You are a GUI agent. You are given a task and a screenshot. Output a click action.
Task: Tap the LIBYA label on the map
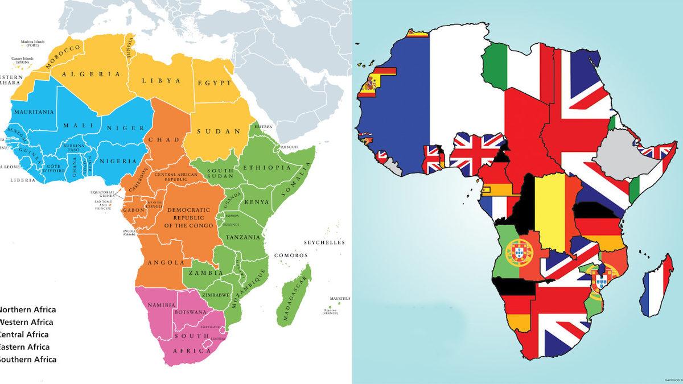(162, 81)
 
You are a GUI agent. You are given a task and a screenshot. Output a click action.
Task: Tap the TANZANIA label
(243, 237)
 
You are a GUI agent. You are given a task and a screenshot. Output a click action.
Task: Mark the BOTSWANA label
(191, 312)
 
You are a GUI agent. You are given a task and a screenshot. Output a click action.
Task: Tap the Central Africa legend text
(26, 335)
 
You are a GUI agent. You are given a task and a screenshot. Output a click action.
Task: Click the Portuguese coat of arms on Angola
(518, 250)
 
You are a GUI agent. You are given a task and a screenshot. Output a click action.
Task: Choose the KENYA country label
(252, 203)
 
